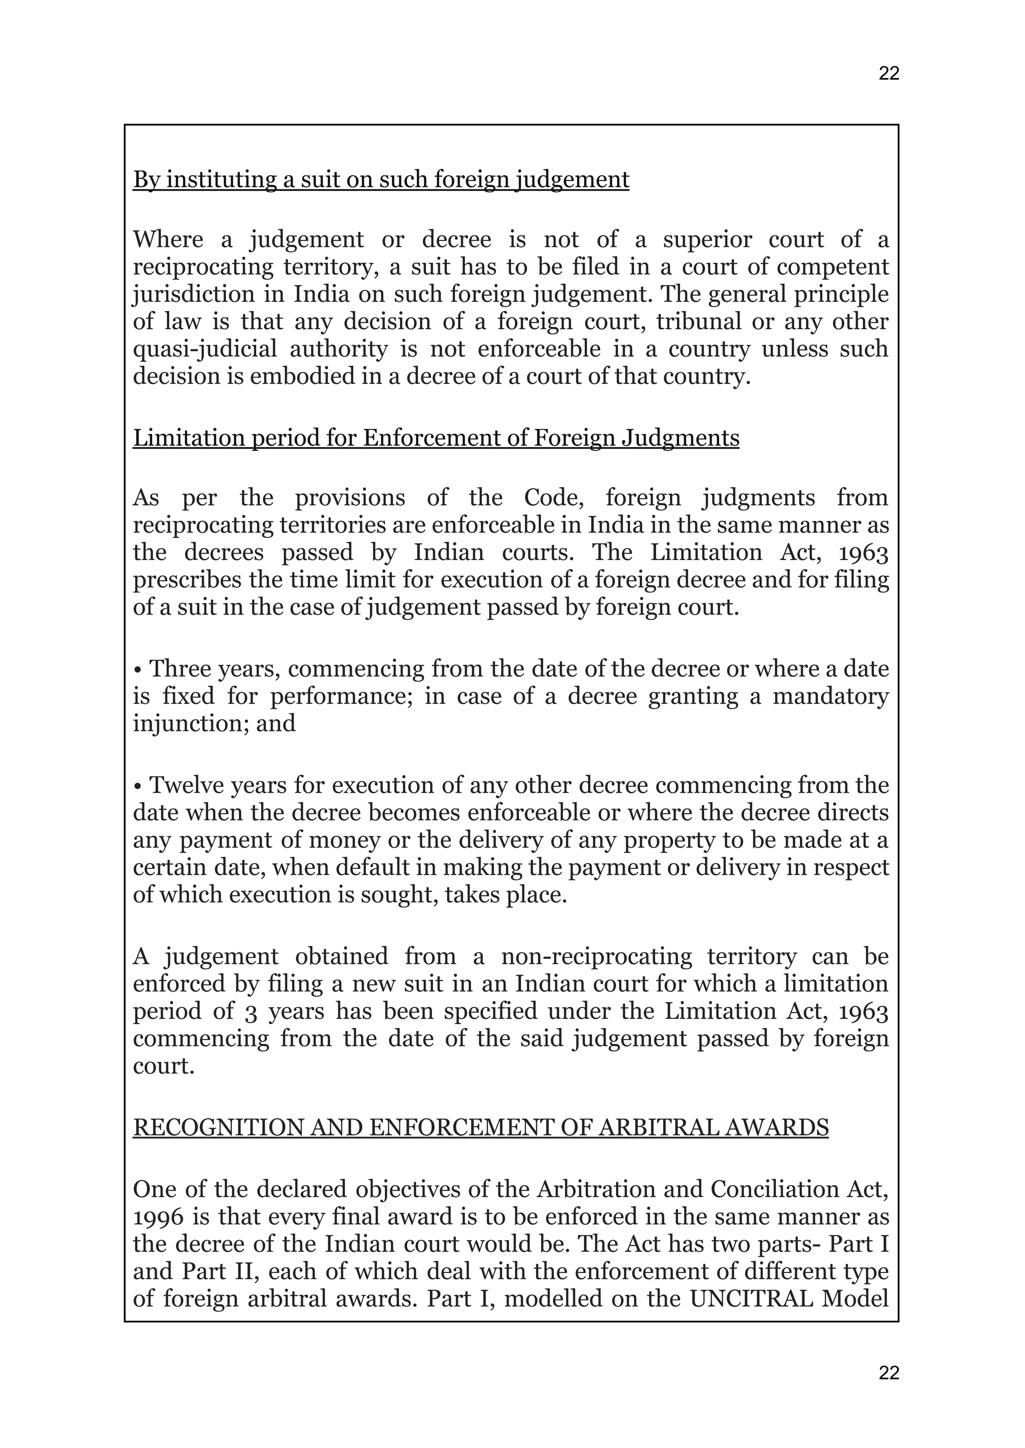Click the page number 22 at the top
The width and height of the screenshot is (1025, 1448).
click(889, 74)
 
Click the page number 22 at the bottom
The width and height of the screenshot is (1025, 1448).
click(889, 1373)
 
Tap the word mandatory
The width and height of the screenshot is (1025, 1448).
click(831, 696)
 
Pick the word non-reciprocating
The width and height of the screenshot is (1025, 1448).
click(596, 956)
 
